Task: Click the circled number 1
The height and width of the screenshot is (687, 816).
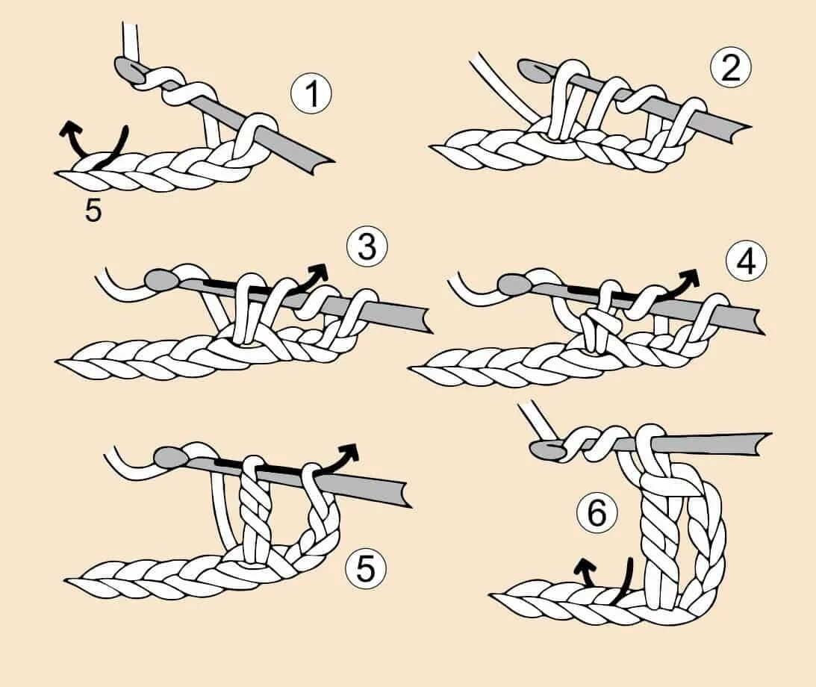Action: [311, 95]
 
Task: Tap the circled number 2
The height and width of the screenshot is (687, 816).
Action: [731, 69]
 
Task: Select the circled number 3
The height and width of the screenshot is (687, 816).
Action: [367, 247]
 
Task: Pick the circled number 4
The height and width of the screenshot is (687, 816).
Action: [746, 261]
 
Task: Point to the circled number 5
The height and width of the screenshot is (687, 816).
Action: [365, 570]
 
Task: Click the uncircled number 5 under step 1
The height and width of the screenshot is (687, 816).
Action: [93, 211]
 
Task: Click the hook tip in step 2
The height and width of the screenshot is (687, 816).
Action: [527, 68]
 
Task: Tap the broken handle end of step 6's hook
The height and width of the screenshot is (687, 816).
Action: [766, 441]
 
